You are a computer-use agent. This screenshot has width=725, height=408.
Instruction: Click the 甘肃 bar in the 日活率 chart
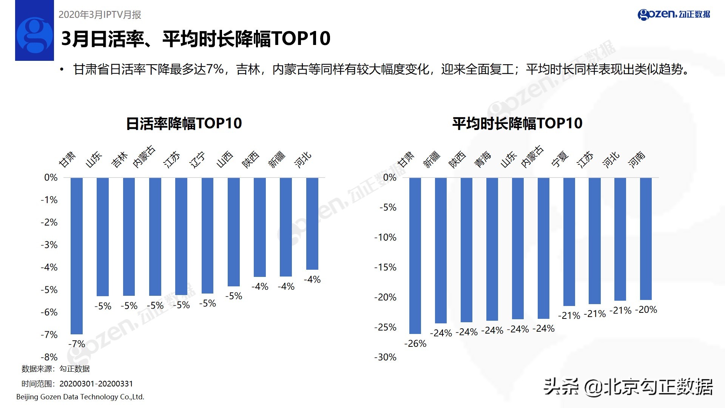(x=77, y=256)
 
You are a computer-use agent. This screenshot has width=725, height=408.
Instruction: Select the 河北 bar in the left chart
(x=312, y=223)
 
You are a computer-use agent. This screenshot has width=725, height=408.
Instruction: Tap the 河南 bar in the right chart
(x=646, y=239)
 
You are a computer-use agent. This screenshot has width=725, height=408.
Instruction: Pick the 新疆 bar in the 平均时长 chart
(x=441, y=250)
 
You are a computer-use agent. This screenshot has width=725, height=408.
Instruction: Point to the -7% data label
(x=77, y=344)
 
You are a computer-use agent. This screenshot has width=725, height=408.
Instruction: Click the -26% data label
(x=415, y=344)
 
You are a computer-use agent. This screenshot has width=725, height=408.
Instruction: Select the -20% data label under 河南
(x=646, y=310)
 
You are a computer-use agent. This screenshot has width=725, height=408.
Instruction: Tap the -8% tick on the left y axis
(x=49, y=357)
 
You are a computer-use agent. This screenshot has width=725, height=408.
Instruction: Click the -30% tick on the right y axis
(x=385, y=357)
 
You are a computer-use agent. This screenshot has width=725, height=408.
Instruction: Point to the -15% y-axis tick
(x=385, y=267)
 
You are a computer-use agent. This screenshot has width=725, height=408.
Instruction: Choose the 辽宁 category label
(x=198, y=159)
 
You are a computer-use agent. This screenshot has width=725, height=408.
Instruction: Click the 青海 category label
(x=483, y=159)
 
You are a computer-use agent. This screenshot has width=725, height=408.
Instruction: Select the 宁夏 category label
(x=560, y=159)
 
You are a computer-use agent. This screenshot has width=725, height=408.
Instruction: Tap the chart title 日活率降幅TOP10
(x=184, y=124)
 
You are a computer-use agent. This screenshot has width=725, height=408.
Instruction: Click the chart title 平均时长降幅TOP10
(x=517, y=124)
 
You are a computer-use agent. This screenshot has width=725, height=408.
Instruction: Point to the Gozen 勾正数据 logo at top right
(x=674, y=14)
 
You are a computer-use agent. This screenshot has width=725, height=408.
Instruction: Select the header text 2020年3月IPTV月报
(x=100, y=15)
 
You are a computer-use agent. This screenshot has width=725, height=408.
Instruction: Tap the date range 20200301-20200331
(x=96, y=384)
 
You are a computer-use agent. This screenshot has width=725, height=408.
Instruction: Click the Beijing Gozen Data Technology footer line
(x=80, y=397)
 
